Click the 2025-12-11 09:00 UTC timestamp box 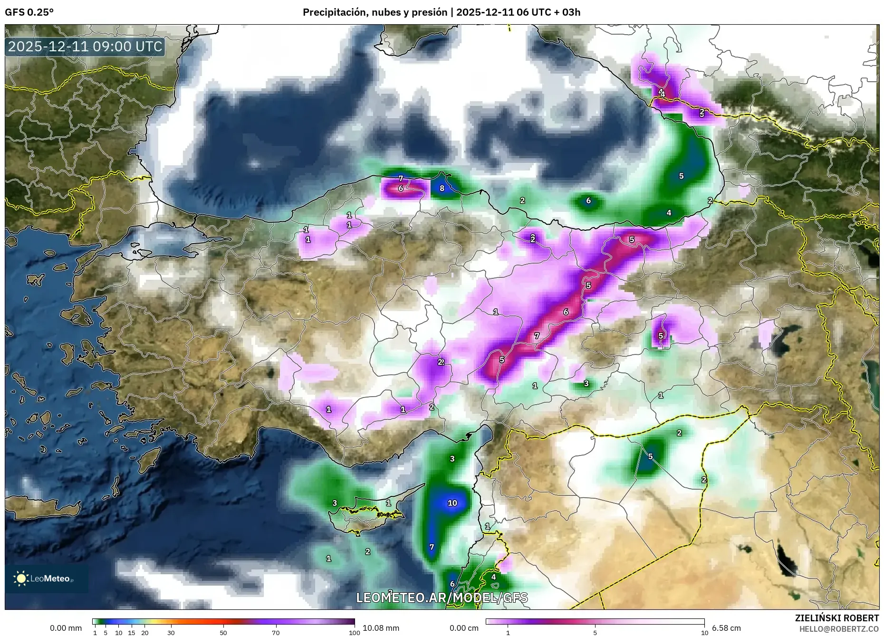click(x=86, y=47)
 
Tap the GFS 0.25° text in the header click(x=29, y=12)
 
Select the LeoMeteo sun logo click(x=21, y=579)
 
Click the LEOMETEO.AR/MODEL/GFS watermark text click(x=442, y=598)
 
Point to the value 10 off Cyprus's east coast click(x=452, y=503)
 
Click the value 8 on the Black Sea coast click(x=442, y=188)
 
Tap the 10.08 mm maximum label click(x=381, y=628)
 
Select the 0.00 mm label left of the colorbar click(x=66, y=628)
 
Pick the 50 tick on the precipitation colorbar click(x=223, y=633)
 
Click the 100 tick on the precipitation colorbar click(x=354, y=633)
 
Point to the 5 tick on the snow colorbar click(x=595, y=633)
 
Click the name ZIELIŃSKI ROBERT click(x=836, y=618)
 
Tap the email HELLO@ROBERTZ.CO click(x=839, y=628)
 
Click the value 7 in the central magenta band click(x=537, y=336)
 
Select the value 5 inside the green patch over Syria click(x=650, y=456)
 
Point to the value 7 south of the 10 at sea click(x=432, y=547)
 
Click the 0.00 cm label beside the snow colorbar click(x=464, y=628)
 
